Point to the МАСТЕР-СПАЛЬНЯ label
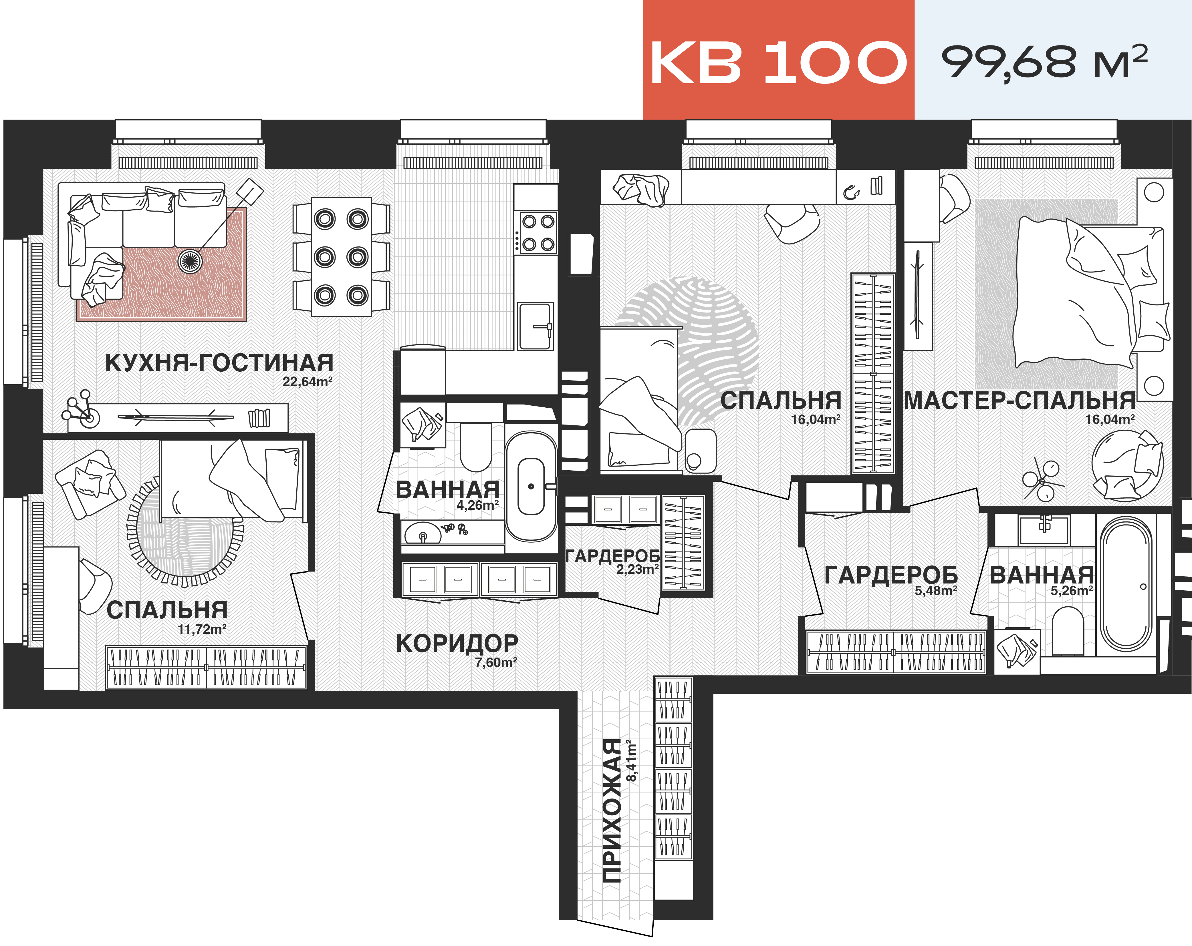click(1019, 401)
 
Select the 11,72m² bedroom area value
click(202, 629)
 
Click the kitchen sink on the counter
click(535, 326)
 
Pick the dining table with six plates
click(341, 257)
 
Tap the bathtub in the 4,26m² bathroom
click(531, 486)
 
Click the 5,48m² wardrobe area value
click(935, 591)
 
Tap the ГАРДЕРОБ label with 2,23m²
click(612, 556)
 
